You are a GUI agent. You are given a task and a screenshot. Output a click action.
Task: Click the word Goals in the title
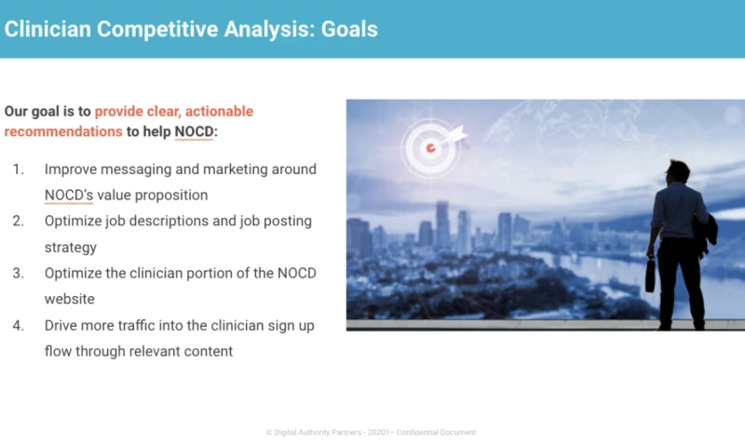(x=349, y=29)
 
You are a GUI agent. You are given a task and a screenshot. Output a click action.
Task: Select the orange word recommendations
(x=63, y=131)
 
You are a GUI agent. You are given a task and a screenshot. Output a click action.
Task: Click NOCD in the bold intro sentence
(x=194, y=131)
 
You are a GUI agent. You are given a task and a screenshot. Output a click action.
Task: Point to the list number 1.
(x=18, y=169)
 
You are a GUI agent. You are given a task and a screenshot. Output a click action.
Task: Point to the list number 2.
(x=18, y=221)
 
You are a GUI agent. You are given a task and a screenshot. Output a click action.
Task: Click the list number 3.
(x=18, y=273)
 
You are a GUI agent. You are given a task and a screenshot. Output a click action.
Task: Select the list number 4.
(x=18, y=325)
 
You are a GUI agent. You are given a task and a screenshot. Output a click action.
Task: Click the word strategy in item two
(x=71, y=247)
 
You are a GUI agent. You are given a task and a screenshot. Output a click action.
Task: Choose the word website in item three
(x=71, y=299)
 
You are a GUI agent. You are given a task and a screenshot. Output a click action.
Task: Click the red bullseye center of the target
(x=430, y=147)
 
